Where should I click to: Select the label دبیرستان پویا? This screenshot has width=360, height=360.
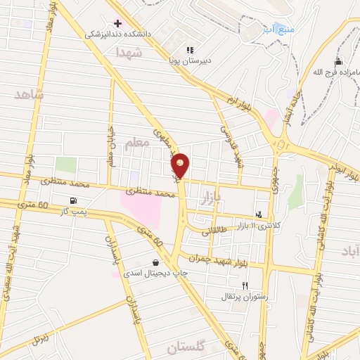189,60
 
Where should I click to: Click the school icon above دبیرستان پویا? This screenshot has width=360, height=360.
189,50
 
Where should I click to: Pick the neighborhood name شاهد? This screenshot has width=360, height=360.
28,94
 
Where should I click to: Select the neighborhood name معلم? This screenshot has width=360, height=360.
138,144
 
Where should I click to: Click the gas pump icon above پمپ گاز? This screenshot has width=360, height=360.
74,201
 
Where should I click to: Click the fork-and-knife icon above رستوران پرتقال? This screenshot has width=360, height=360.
245,285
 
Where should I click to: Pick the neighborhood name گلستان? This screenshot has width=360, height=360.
186,347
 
